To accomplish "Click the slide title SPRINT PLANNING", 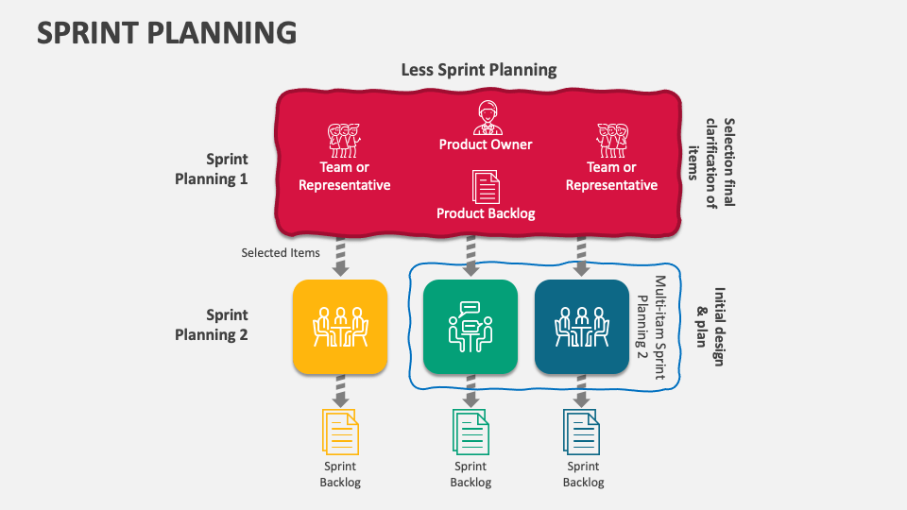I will [166, 32].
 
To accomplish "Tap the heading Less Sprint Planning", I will [479, 70].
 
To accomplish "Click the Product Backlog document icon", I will [486, 187].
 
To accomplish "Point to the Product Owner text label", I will [486, 144].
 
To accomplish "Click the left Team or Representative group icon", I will [344, 140].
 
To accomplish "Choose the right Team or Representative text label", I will [611, 177].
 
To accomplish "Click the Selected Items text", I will [281, 253].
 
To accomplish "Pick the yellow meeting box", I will [340, 326].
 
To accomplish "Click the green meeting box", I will [471, 326].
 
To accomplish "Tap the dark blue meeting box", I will [582, 326].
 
